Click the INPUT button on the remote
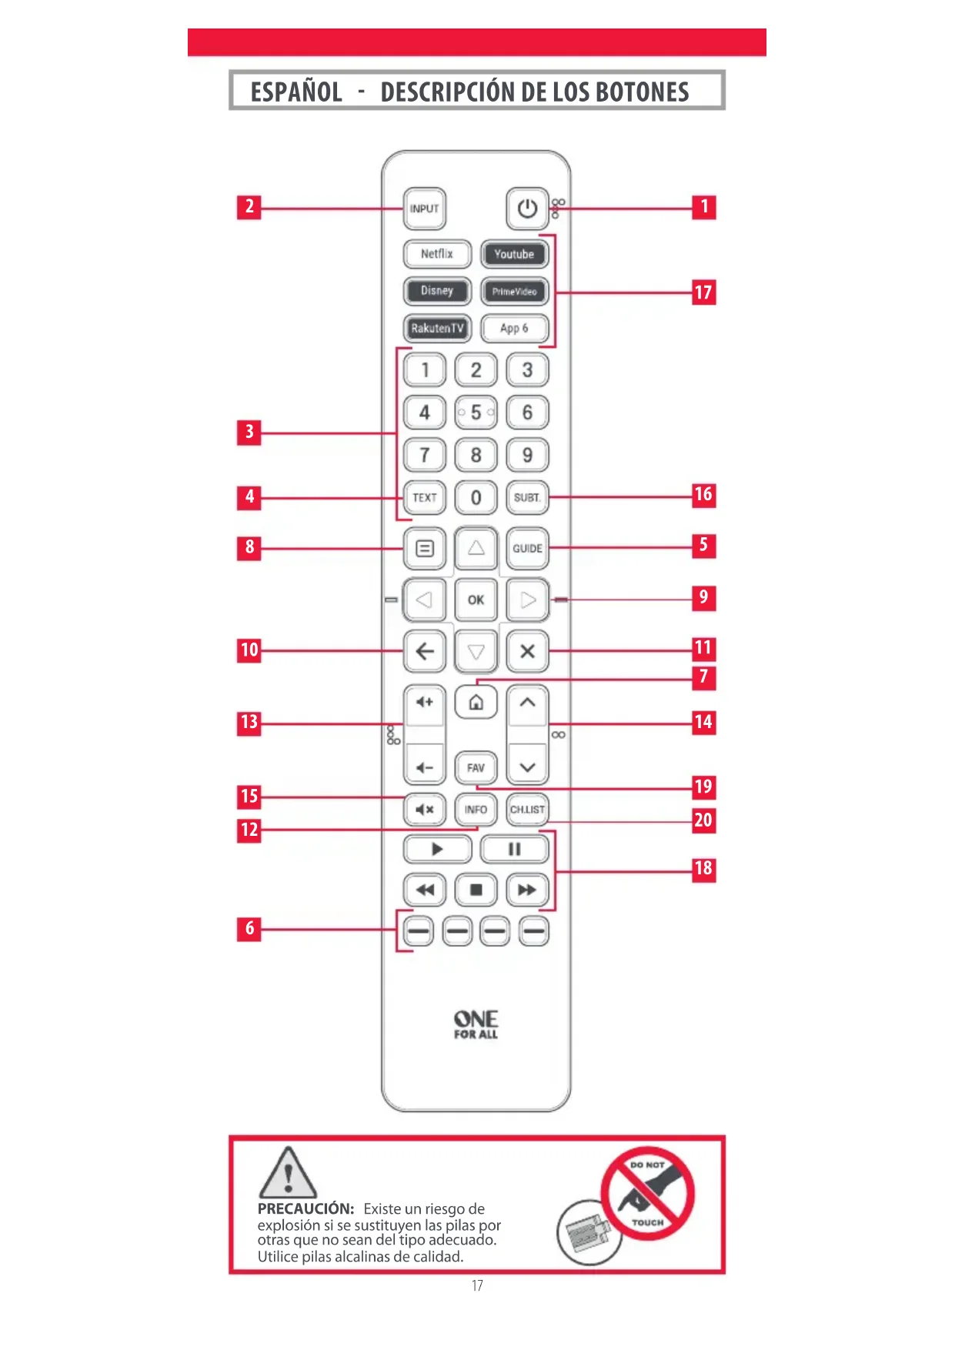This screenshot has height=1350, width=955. point(424,209)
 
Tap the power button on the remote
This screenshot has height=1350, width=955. point(527,209)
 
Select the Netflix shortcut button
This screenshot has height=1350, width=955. point(436,254)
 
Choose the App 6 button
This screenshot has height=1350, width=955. point(514,329)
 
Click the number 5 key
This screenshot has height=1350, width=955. point(476,413)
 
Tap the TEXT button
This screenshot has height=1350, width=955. point(424,497)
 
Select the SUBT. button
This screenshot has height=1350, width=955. point(527,497)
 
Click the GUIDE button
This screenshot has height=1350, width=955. point(527,548)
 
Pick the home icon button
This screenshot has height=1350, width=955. point(476,702)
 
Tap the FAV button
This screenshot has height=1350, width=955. point(476,767)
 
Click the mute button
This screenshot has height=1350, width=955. point(424,809)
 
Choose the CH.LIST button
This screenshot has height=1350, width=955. point(527,809)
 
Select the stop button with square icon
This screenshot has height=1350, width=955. point(476,890)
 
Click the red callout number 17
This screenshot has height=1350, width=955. point(703,292)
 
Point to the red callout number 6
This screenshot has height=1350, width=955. point(249,929)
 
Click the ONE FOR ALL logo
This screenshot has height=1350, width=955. point(476,1024)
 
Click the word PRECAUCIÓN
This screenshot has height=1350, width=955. point(306,1208)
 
